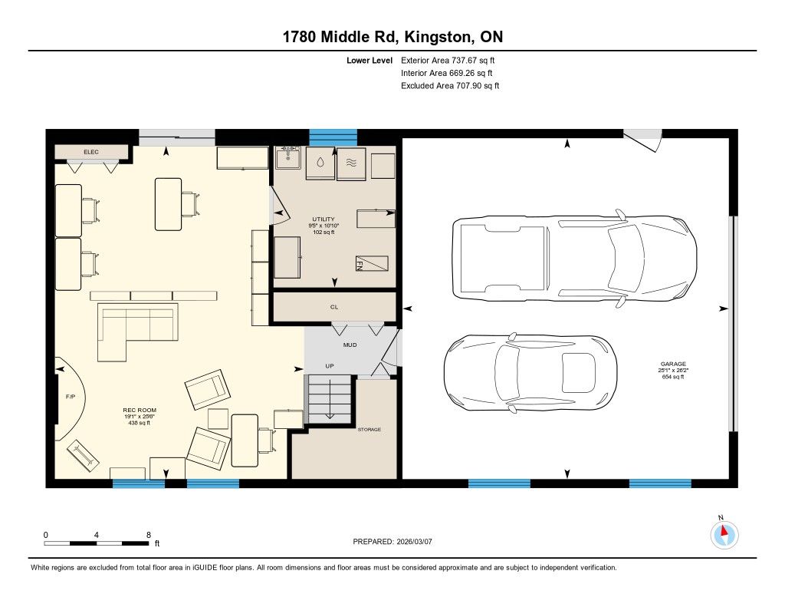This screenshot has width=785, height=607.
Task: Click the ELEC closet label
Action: pyautogui.click(x=91, y=152)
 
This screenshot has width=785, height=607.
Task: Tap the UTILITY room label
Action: pyautogui.click(x=324, y=219)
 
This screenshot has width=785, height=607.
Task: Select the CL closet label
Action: pyautogui.click(x=334, y=307)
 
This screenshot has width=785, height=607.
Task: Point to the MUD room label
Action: pyautogui.click(x=350, y=345)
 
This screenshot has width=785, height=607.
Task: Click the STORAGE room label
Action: pyautogui.click(x=370, y=430)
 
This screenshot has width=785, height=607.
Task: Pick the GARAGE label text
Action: pyautogui.click(x=673, y=364)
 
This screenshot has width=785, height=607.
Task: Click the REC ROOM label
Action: pyautogui.click(x=140, y=410)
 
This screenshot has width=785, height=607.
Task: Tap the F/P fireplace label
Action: pyautogui.click(x=71, y=397)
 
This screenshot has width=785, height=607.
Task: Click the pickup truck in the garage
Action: pyautogui.click(x=574, y=258)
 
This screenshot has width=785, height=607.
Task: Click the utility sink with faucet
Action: pyautogui.click(x=288, y=158)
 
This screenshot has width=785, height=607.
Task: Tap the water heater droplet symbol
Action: pyautogui.click(x=320, y=163)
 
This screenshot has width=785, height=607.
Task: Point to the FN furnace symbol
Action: pyautogui.click(x=372, y=263)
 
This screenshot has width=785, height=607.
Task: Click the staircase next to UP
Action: pyautogui.click(x=330, y=399)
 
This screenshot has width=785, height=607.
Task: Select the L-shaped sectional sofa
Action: pyautogui.click(x=137, y=332)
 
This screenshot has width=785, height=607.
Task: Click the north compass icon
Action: pyautogui.click(x=724, y=534)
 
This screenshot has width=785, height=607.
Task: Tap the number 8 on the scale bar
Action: pyautogui.click(x=149, y=535)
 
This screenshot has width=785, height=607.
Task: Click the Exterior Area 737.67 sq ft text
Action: pyautogui.click(x=448, y=60)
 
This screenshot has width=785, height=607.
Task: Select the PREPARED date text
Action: pyautogui.click(x=392, y=541)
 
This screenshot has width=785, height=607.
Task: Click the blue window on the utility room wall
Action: pyautogui.click(x=333, y=137)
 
